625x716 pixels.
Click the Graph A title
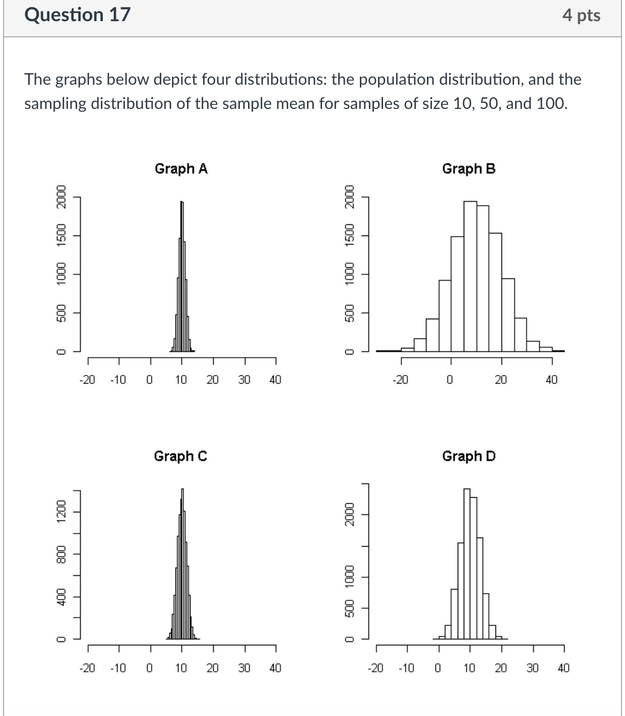[181, 168]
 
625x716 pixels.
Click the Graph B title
[469, 168]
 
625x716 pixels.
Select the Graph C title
[180, 456]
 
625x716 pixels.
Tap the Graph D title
[469, 456]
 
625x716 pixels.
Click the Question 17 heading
[77, 15]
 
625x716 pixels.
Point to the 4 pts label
[581, 16]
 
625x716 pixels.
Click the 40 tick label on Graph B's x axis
[552, 380]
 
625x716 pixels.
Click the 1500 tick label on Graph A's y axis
[61, 235]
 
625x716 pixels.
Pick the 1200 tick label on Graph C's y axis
[61, 512]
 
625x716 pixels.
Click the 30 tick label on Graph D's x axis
[533, 669]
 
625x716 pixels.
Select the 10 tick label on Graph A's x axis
[181, 380]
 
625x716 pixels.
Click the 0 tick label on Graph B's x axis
[450, 380]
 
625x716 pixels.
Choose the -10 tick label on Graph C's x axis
[118, 669]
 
